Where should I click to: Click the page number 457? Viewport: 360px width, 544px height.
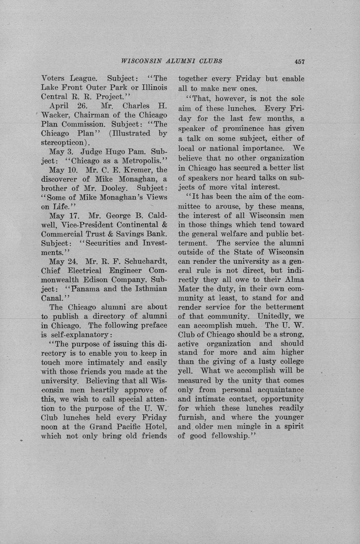pos(299,61)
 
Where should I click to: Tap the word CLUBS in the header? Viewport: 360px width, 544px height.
pos(211,61)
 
